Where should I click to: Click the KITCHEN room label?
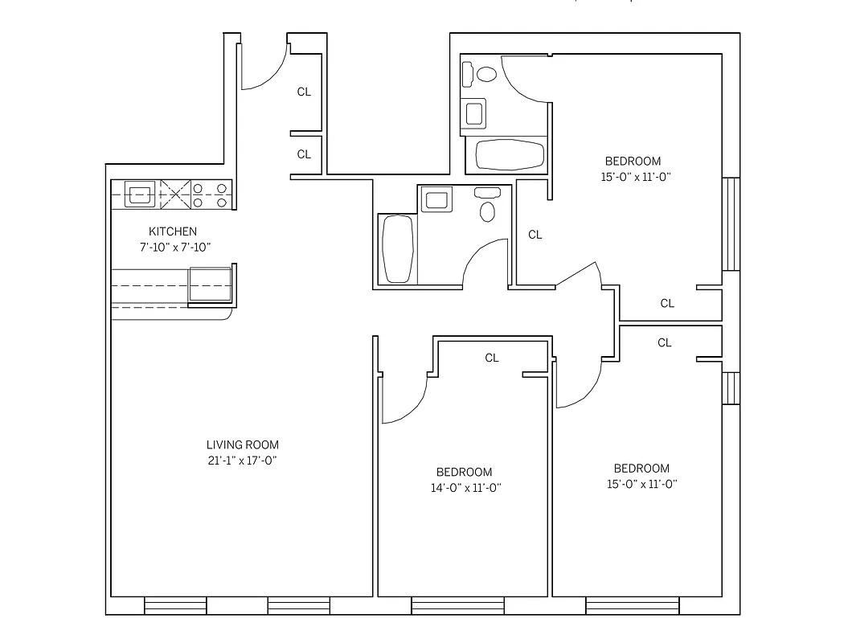[x=172, y=231]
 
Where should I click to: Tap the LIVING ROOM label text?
[x=242, y=444]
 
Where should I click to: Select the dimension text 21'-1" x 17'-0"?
[x=242, y=461]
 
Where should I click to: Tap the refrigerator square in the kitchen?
[x=211, y=285]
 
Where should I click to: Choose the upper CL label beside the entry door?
[x=304, y=92]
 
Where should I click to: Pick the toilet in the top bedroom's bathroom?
[x=485, y=75]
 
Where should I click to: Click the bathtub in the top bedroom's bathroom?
[x=510, y=154]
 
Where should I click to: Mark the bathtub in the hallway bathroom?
[x=398, y=248]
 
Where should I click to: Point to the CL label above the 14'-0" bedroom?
[x=492, y=358]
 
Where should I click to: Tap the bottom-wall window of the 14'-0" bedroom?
[x=458, y=605]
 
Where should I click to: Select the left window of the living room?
[x=174, y=605]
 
